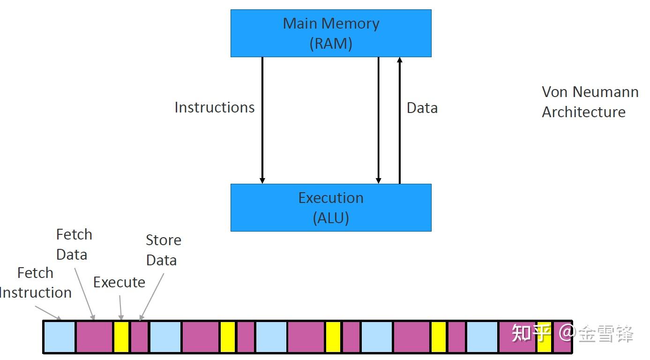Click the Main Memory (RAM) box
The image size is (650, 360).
330,33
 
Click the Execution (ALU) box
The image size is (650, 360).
330,207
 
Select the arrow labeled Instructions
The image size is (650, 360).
262,120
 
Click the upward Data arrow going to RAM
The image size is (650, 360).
399,120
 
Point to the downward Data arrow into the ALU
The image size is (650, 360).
379,120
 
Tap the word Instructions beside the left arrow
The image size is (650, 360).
215,107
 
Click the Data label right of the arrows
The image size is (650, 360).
422,108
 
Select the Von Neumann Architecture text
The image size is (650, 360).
590,102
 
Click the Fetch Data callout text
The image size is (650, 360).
74,244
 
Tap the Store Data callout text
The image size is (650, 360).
163,250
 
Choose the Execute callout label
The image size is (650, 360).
119,282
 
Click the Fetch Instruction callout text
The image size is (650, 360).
36,283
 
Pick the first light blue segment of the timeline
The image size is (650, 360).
59,337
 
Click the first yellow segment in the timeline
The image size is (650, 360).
121,337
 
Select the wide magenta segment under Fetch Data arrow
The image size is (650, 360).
94,337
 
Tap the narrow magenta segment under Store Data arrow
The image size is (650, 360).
139,337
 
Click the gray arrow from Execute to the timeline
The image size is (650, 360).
120,307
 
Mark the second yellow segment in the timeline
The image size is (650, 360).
227,337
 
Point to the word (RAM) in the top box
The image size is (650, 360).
330,44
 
